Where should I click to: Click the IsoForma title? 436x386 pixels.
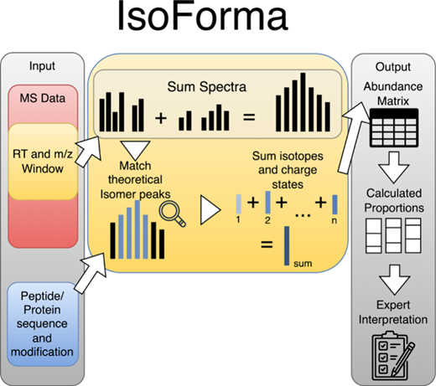(x=202, y=16)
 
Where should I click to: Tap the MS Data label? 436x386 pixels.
(x=43, y=98)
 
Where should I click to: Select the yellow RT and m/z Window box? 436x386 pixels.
(x=43, y=162)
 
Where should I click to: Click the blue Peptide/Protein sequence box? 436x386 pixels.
(x=42, y=324)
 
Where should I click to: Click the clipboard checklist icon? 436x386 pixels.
(x=392, y=356)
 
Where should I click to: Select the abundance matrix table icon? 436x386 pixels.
(x=394, y=128)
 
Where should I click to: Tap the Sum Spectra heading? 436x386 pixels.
(x=206, y=87)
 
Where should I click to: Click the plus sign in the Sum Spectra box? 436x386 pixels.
(x=161, y=118)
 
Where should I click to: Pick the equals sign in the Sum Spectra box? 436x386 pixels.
(x=249, y=117)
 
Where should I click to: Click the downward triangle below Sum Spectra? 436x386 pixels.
(x=135, y=150)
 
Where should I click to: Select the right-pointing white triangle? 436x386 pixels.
(x=210, y=210)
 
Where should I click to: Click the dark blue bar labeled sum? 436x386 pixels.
(x=287, y=245)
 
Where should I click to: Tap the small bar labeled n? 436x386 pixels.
(x=335, y=204)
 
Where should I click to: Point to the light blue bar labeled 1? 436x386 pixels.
(x=239, y=204)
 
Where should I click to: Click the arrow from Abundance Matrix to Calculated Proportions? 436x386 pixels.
(x=394, y=167)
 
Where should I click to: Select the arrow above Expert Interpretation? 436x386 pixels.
(x=394, y=280)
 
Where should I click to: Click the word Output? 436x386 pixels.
(x=393, y=67)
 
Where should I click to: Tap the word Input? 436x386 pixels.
(x=42, y=66)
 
